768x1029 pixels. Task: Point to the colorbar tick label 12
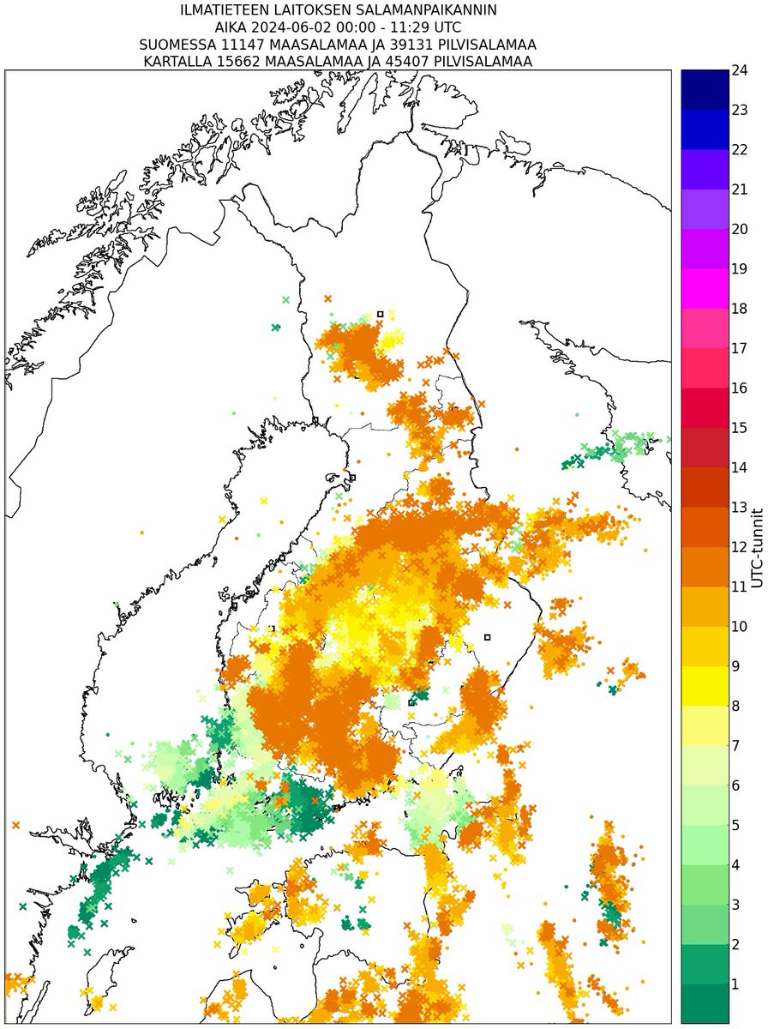(740, 546)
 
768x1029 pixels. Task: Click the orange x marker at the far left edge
(15, 825)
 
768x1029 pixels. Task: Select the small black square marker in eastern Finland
(487, 637)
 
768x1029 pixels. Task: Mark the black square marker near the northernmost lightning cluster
(380, 314)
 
